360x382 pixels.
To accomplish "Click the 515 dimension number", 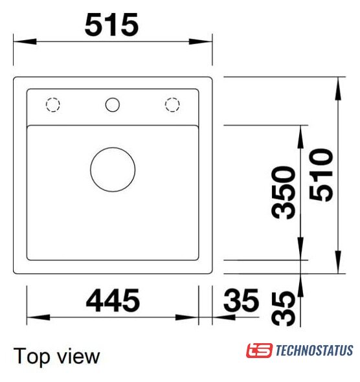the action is pos(112,25).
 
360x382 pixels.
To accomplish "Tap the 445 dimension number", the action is pos(113,300).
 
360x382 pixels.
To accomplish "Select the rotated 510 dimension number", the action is pos(321,175).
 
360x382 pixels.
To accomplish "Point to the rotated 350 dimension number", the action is pos(284,192).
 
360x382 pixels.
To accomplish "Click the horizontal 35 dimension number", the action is pos(241,300).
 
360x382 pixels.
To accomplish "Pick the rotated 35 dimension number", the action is pos(284,309).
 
